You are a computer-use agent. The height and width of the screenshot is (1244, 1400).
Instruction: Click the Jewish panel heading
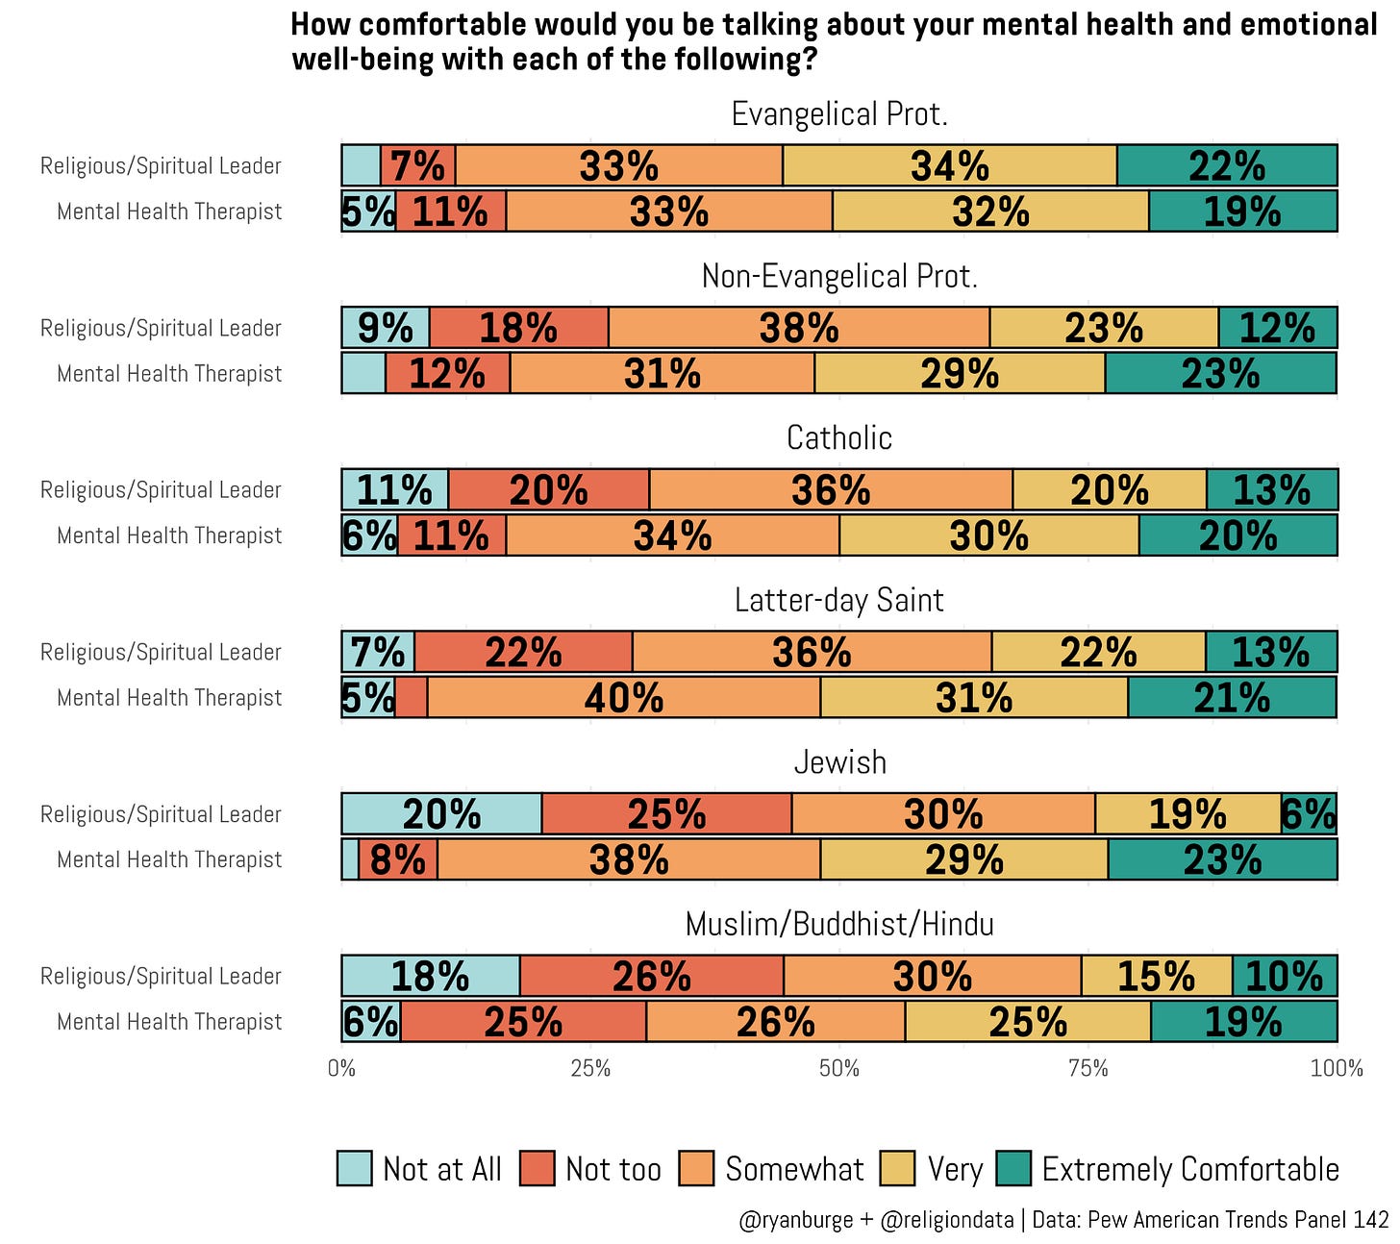pyautogui.click(x=838, y=761)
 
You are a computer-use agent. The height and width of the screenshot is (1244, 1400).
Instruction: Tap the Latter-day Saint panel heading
pyautogui.click(x=838, y=599)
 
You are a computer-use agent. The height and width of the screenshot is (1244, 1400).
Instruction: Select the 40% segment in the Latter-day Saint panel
pyautogui.click(x=623, y=697)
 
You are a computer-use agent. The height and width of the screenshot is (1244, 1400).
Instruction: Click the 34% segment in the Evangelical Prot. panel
pyautogui.click(x=949, y=165)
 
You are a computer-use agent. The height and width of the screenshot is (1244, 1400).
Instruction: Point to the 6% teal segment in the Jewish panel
pyautogui.click(x=1308, y=813)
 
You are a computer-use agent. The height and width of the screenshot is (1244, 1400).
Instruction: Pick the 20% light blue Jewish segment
pyautogui.click(x=441, y=813)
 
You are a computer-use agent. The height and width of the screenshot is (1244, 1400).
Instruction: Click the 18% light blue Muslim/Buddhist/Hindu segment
pyautogui.click(x=431, y=975)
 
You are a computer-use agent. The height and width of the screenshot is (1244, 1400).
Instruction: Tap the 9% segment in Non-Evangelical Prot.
pyautogui.click(x=386, y=327)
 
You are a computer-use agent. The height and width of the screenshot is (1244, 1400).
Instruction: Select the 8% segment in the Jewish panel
pyautogui.click(x=398, y=859)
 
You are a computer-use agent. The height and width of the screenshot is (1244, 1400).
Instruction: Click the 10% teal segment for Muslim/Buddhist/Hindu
pyautogui.click(x=1285, y=975)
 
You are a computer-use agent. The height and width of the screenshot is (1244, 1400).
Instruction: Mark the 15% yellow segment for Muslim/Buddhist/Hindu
pyautogui.click(x=1157, y=975)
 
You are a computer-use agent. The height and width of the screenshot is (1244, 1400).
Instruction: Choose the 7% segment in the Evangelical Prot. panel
pyautogui.click(x=417, y=165)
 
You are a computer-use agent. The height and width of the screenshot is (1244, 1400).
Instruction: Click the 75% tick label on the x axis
pyautogui.click(x=1088, y=1068)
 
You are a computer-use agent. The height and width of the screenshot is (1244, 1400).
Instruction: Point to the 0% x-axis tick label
pyautogui.click(x=341, y=1068)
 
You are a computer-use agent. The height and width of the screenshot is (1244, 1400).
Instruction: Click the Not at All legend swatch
pyautogui.click(x=355, y=1168)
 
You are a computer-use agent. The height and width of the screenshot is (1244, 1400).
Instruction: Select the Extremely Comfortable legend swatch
pyautogui.click(x=1013, y=1168)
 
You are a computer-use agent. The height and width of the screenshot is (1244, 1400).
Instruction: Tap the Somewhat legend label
pyautogui.click(x=794, y=1169)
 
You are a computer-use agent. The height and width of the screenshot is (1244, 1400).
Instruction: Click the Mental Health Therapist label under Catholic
pyautogui.click(x=169, y=535)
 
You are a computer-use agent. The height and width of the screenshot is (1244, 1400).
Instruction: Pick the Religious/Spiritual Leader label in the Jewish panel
pyautogui.click(x=161, y=813)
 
